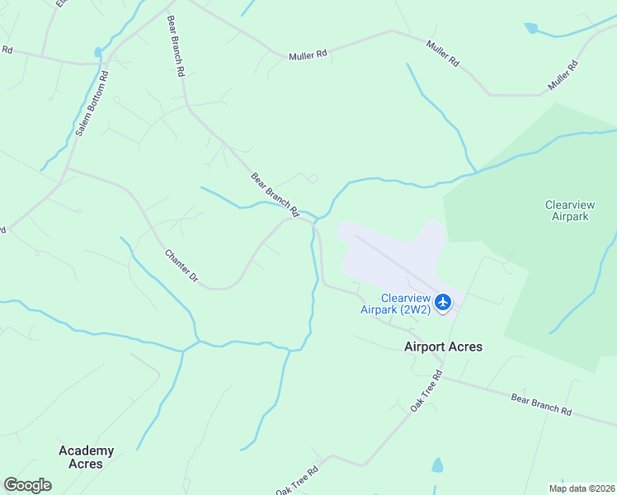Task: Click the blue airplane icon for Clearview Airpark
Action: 444,303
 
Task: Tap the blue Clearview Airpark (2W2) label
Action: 395,304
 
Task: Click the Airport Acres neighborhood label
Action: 443,346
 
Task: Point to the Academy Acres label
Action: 86,457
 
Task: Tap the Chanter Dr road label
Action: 181,266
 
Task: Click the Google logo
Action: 27,485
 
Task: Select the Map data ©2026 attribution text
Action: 582,488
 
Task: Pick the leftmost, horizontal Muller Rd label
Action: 308,55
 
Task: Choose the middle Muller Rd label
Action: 443,52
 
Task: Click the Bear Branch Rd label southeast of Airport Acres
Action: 541,404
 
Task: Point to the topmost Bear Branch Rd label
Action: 176,46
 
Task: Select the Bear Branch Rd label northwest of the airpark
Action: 276,195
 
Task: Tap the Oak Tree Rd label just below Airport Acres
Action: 426,392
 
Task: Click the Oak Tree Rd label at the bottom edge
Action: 297,481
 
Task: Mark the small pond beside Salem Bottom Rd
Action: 99,53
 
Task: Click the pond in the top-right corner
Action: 530,28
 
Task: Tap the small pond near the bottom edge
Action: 436,466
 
